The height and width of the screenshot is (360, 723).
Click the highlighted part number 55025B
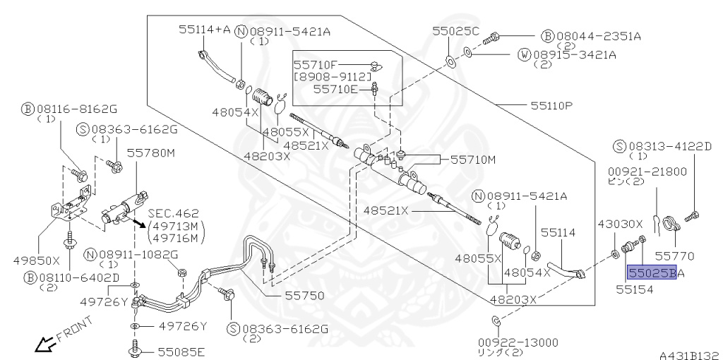pyautogui.click(x=652, y=272)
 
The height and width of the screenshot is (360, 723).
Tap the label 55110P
pyautogui.click(x=551, y=106)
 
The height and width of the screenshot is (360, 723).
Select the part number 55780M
pyautogui.click(x=151, y=152)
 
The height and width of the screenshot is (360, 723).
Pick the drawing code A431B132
pyautogui.click(x=691, y=355)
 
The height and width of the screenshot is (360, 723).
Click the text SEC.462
pyautogui.click(x=174, y=214)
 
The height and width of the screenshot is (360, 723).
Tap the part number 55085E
pyautogui.click(x=181, y=352)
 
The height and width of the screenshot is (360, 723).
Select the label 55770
pyautogui.click(x=674, y=256)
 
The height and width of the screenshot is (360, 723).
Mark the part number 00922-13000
pyautogui.click(x=518, y=342)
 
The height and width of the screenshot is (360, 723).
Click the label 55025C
pyautogui.click(x=456, y=31)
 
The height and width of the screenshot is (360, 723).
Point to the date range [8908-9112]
pyautogui.click(x=333, y=76)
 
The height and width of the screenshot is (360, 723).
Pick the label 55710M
pyautogui.click(x=472, y=160)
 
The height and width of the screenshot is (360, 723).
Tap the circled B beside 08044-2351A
pyautogui.click(x=547, y=36)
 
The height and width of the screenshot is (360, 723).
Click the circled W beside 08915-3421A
pyautogui.click(x=525, y=55)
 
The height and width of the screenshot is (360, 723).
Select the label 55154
pyautogui.click(x=635, y=289)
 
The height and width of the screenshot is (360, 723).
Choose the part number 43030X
pyautogui.click(x=620, y=224)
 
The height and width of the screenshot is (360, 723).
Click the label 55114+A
pyautogui.click(x=204, y=30)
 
